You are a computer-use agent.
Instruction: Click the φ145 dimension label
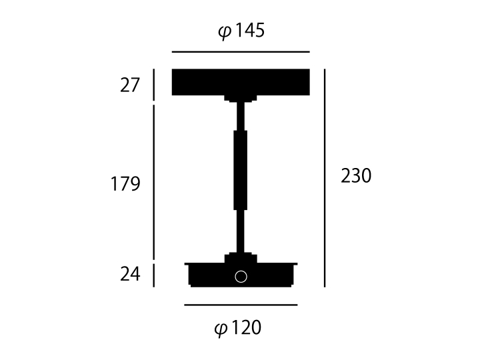[x=241, y=31]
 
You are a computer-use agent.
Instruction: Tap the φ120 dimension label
[x=238, y=328]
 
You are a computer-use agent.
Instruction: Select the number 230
[x=356, y=176]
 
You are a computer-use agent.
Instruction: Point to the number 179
[x=125, y=184]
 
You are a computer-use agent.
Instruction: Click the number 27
[x=130, y=85]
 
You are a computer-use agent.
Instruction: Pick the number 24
[x=130, y=274]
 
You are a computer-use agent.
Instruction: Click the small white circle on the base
[x=241, y=277]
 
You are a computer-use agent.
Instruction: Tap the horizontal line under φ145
[x=241, y=52]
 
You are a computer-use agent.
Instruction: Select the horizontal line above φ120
[x=241, y=305]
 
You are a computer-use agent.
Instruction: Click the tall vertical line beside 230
[x=325, y=178]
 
